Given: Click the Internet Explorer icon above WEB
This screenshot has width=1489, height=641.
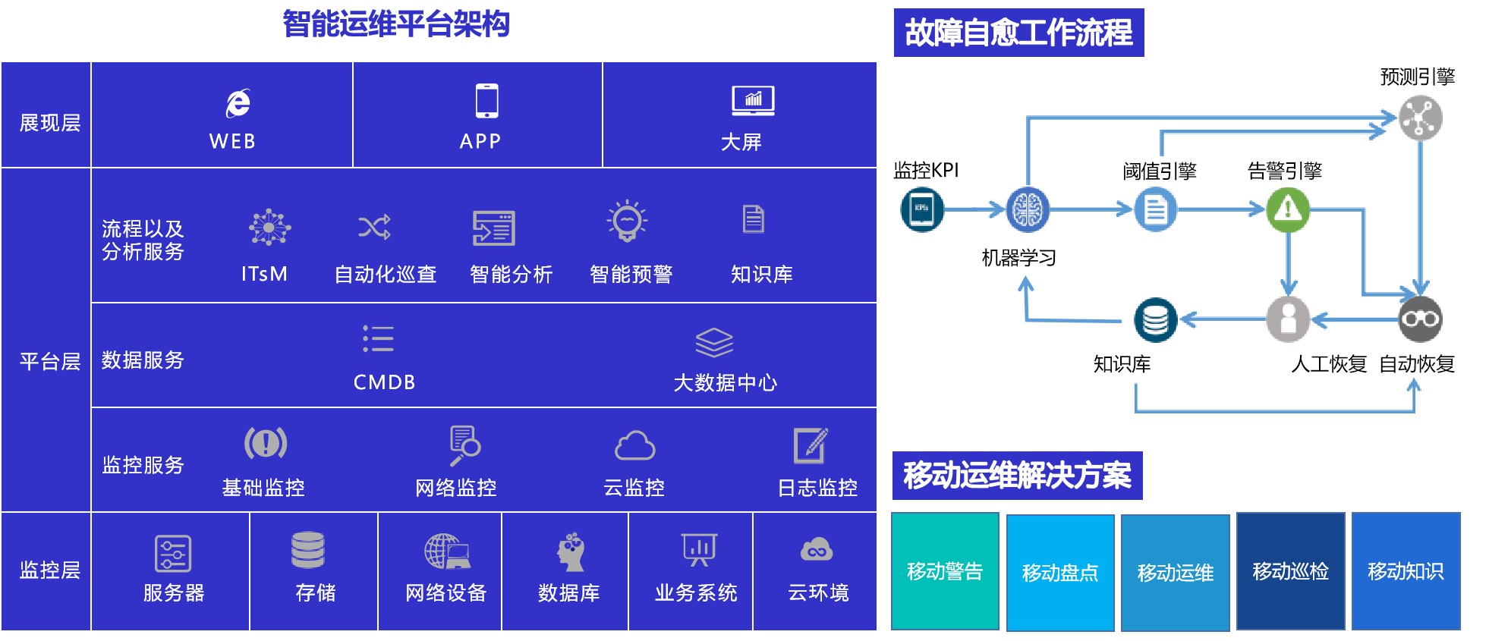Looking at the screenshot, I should pyautogui.click(x=238, y=103).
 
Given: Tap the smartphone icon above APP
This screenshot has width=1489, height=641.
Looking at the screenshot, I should pyautogui.click(x=486, y=101).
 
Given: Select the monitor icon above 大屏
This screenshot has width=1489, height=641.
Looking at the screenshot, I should pyautogui.click(x=752, y=101).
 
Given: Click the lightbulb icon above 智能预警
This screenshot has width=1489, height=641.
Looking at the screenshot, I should pyautogui.click(x=627, y=222).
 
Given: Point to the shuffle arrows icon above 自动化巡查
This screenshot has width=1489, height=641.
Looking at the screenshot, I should pyautogui.click(x=374, y=226).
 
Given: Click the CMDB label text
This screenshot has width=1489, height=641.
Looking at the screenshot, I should pyautogui.click(x=384, y=382).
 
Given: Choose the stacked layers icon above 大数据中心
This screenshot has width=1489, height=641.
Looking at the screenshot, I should pyautogui.click(x=713, y=342).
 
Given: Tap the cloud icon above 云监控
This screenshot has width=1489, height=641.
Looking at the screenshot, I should pyautogui.click(x=634, y=446).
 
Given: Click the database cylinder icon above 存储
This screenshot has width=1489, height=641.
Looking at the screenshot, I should pyautogui.click(x=308, y=550).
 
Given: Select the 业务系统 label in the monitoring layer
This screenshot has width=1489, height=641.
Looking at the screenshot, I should pyautogui.click(x=695, y=592).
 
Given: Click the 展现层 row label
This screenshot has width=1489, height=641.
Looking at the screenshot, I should pyautogui.click(x=49, y=123).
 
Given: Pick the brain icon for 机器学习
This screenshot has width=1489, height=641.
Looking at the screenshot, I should pyautogui.click(x=1028, y=209).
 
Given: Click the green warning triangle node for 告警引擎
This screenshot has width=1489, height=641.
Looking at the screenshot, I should pyautogui.click(x=1287, y=209).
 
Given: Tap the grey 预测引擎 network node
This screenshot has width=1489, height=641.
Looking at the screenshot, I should pyautogui.click(x=1420, y=118).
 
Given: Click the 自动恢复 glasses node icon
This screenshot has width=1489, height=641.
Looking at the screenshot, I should pyautogui.click(x=1420, y=319).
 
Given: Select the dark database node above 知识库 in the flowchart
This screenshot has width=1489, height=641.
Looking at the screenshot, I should pyautogui.click(x=1155, y=319).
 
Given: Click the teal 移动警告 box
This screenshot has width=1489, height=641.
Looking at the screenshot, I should pyautogui.click(x=945, y=571).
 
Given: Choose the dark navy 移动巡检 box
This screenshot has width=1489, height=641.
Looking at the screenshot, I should pyautogui.click(x=1290, y=571).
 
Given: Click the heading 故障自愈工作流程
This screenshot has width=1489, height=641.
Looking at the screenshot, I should pyautogui.click(x=1018, y=33).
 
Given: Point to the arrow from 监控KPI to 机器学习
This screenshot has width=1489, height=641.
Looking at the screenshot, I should pyautogui.click(x=975, y=209).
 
